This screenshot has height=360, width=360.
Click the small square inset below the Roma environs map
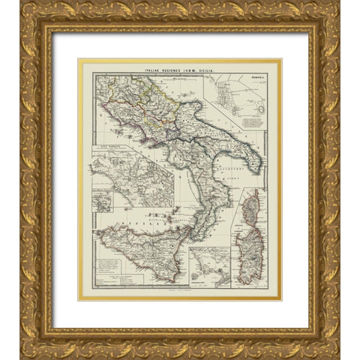101,201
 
